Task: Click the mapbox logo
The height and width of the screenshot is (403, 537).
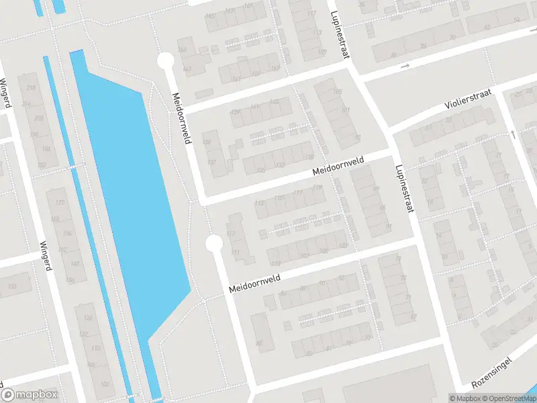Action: point(30,395)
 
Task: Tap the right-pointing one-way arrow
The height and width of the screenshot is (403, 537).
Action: point(405,66)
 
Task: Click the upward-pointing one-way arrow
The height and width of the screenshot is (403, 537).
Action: point(514,134)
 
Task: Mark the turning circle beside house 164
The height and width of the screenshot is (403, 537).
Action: point(165,62)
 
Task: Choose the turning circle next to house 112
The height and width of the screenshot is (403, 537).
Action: point(214,242)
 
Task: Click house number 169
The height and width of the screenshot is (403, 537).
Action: point(322,52)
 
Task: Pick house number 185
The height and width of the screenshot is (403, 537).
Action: point(337,92)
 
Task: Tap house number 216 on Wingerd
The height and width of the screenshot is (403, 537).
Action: point(30,88)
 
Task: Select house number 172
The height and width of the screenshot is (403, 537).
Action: point(60,202)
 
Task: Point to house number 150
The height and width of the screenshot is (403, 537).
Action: point(11,287)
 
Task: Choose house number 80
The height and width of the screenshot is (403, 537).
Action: point(258,344)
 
